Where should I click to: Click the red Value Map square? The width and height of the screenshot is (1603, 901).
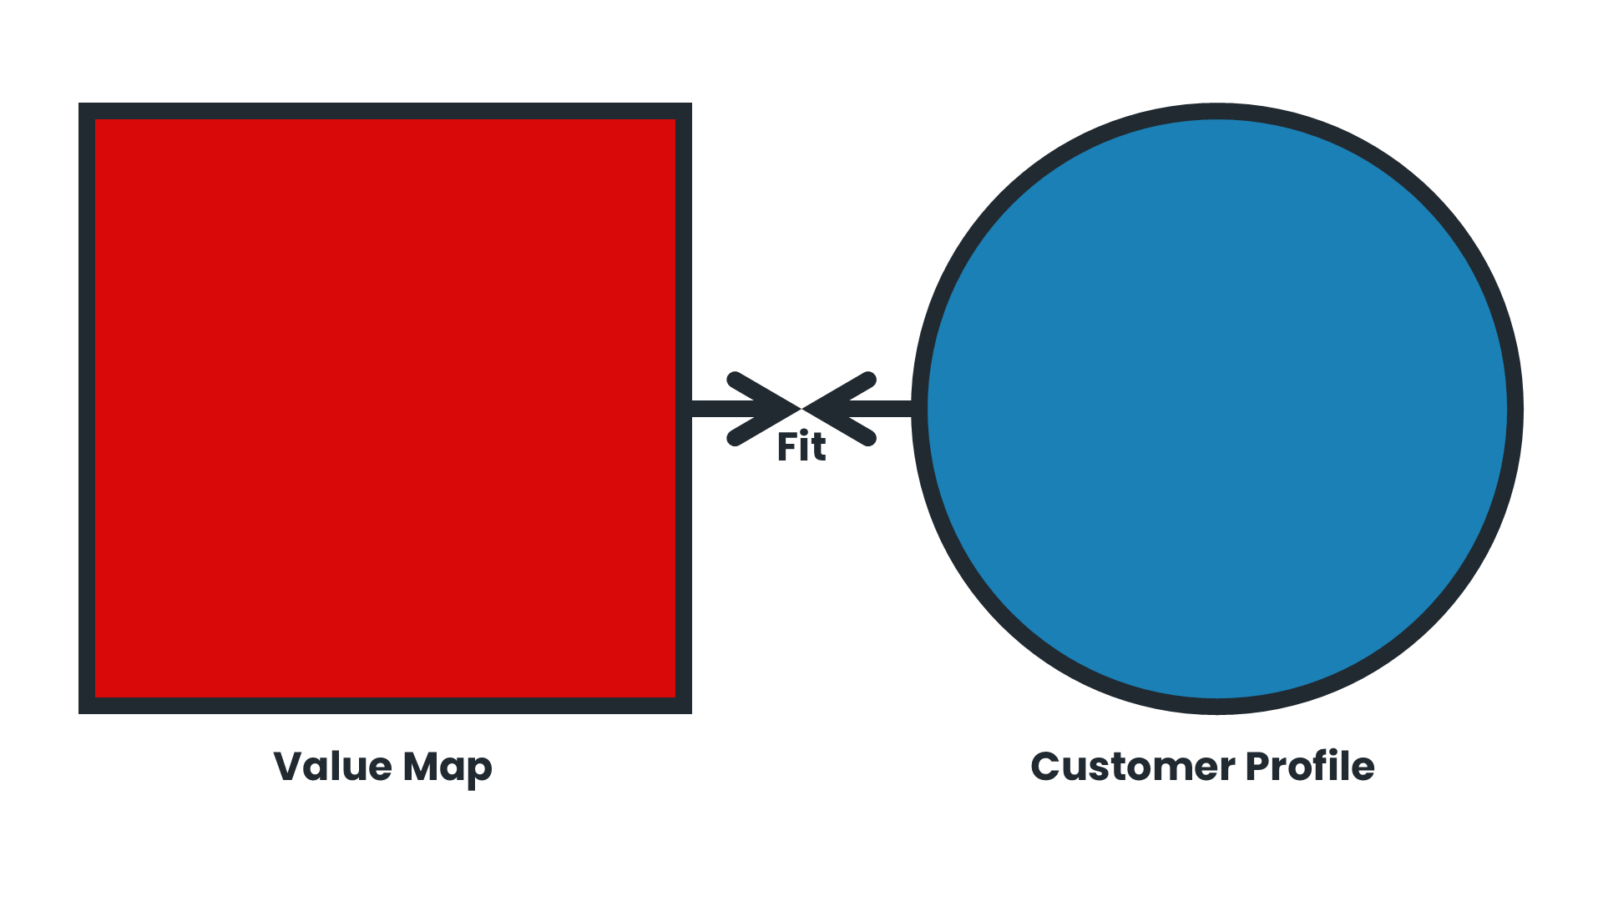coord(385,408)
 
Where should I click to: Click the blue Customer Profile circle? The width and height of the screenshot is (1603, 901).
coord(1217,409)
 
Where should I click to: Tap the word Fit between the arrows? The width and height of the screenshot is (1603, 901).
coord(801,447)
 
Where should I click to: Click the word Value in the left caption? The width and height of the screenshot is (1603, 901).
coord(332,766)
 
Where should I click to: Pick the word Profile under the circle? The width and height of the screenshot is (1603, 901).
coord(1310,766)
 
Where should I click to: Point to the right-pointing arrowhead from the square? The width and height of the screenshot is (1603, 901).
coord(764,409)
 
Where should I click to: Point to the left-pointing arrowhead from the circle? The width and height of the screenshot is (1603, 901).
coord(839,409)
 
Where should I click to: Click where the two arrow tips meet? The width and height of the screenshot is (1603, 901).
coord(801,409)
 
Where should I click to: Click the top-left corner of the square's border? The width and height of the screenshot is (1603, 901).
coord(87,111)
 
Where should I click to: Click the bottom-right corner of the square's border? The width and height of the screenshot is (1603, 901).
coord(684,706)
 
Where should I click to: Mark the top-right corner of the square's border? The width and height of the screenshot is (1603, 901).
coord(684,111)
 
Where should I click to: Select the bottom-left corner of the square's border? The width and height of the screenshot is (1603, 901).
coord(87,706)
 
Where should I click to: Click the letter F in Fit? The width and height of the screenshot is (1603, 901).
coord(786,447)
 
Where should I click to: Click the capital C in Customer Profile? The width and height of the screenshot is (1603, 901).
coord(1046,766)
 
